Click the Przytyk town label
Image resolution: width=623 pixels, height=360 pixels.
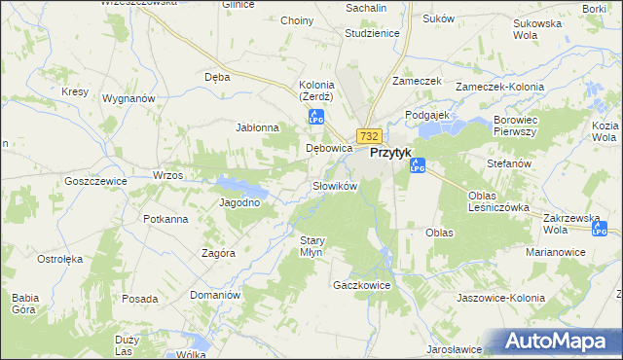coord(392,153)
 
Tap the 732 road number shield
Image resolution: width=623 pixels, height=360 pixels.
coord(367,136)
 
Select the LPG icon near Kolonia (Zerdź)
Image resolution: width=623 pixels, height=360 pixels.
coord(315,118)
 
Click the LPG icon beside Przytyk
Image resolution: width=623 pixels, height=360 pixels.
coord(418,165)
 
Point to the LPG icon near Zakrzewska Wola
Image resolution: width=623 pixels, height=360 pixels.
coord(600,229)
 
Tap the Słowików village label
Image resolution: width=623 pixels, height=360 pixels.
coord(336,186)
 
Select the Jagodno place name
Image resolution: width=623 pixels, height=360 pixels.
coord(238,202)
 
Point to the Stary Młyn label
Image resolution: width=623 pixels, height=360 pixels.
coord(311,245)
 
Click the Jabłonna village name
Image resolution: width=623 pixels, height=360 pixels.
coord(258,127)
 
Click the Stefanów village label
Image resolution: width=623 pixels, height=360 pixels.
coord(509,163)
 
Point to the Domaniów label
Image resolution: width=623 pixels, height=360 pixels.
coord(214,294)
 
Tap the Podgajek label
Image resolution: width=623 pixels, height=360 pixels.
coord(425,115)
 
